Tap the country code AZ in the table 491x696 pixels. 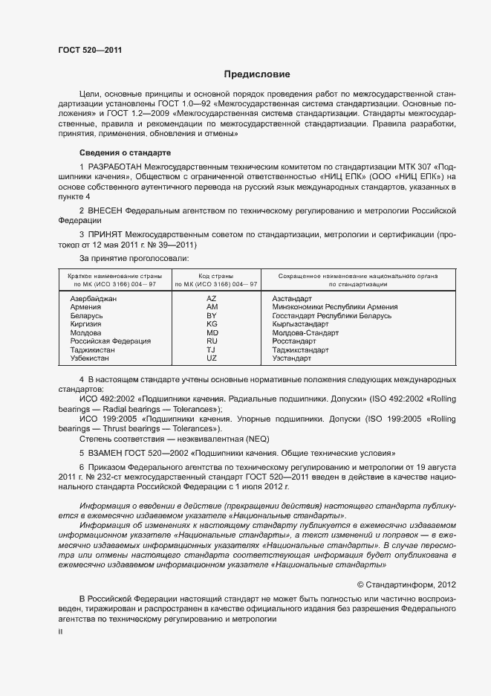(x=212, y=298)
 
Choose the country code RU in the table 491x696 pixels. (x=212, y=341)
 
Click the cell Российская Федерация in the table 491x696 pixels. (x=110, y=341)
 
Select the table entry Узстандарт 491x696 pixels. (x=292, y=358)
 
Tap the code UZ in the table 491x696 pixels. (x=212, y=358)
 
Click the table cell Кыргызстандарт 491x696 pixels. (x=300, y=324)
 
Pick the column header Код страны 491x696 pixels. (x=215, y=276)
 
